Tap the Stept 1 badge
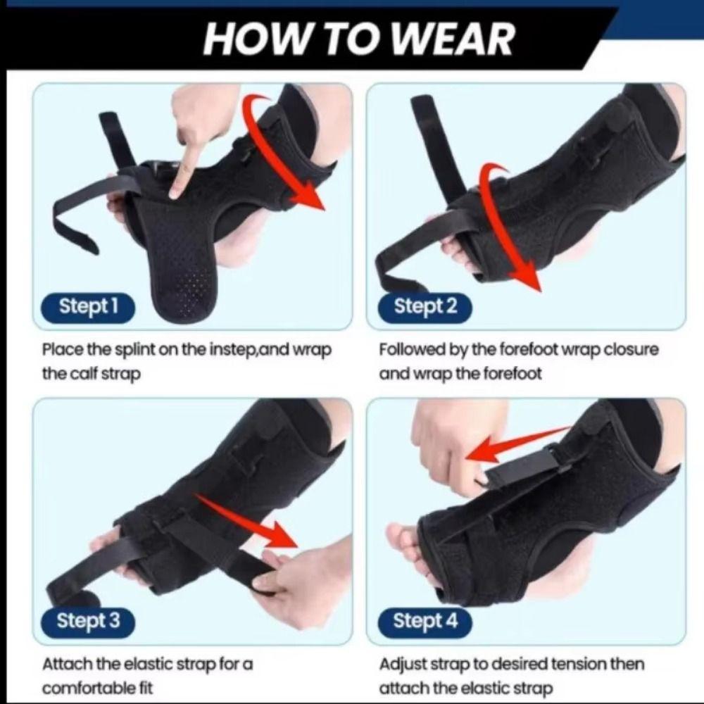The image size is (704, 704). [x=88, y=306]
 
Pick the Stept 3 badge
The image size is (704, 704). [x=88, y=621]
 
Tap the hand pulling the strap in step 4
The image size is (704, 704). [x=451, y=451]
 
